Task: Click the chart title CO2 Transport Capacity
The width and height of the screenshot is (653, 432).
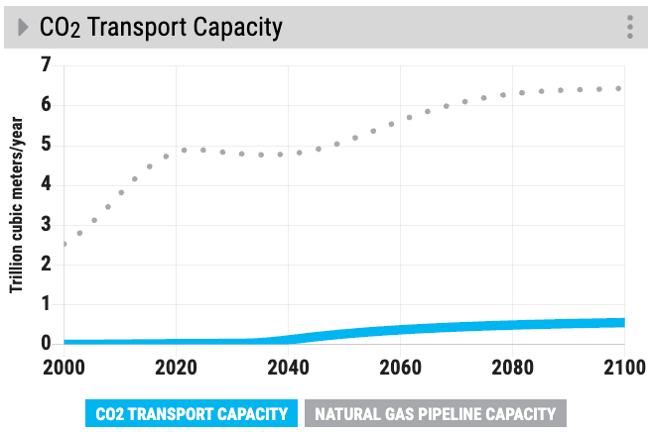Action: (x=161, y=28)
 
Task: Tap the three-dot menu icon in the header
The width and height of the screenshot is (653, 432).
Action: (x=629, y=28)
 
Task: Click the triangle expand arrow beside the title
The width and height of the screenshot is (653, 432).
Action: (x=23, y=28)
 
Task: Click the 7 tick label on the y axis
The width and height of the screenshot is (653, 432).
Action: (x=45, y=65)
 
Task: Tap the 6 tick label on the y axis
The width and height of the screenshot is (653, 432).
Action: (x=45, y=105)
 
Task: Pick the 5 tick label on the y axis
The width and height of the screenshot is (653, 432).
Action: (x=45, y=145)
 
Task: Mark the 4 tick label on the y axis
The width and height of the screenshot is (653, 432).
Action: (x=45, y=185)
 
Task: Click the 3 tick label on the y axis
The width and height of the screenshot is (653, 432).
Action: (x=45, y=225)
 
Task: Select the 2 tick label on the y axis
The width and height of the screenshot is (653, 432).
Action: (x=45, y=265)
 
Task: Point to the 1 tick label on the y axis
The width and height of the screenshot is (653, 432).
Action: (x=45, y=304)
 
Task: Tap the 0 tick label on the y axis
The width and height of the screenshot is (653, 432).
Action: (x=45, y=344)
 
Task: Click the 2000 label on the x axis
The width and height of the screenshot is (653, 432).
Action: (x=64, y=368)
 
